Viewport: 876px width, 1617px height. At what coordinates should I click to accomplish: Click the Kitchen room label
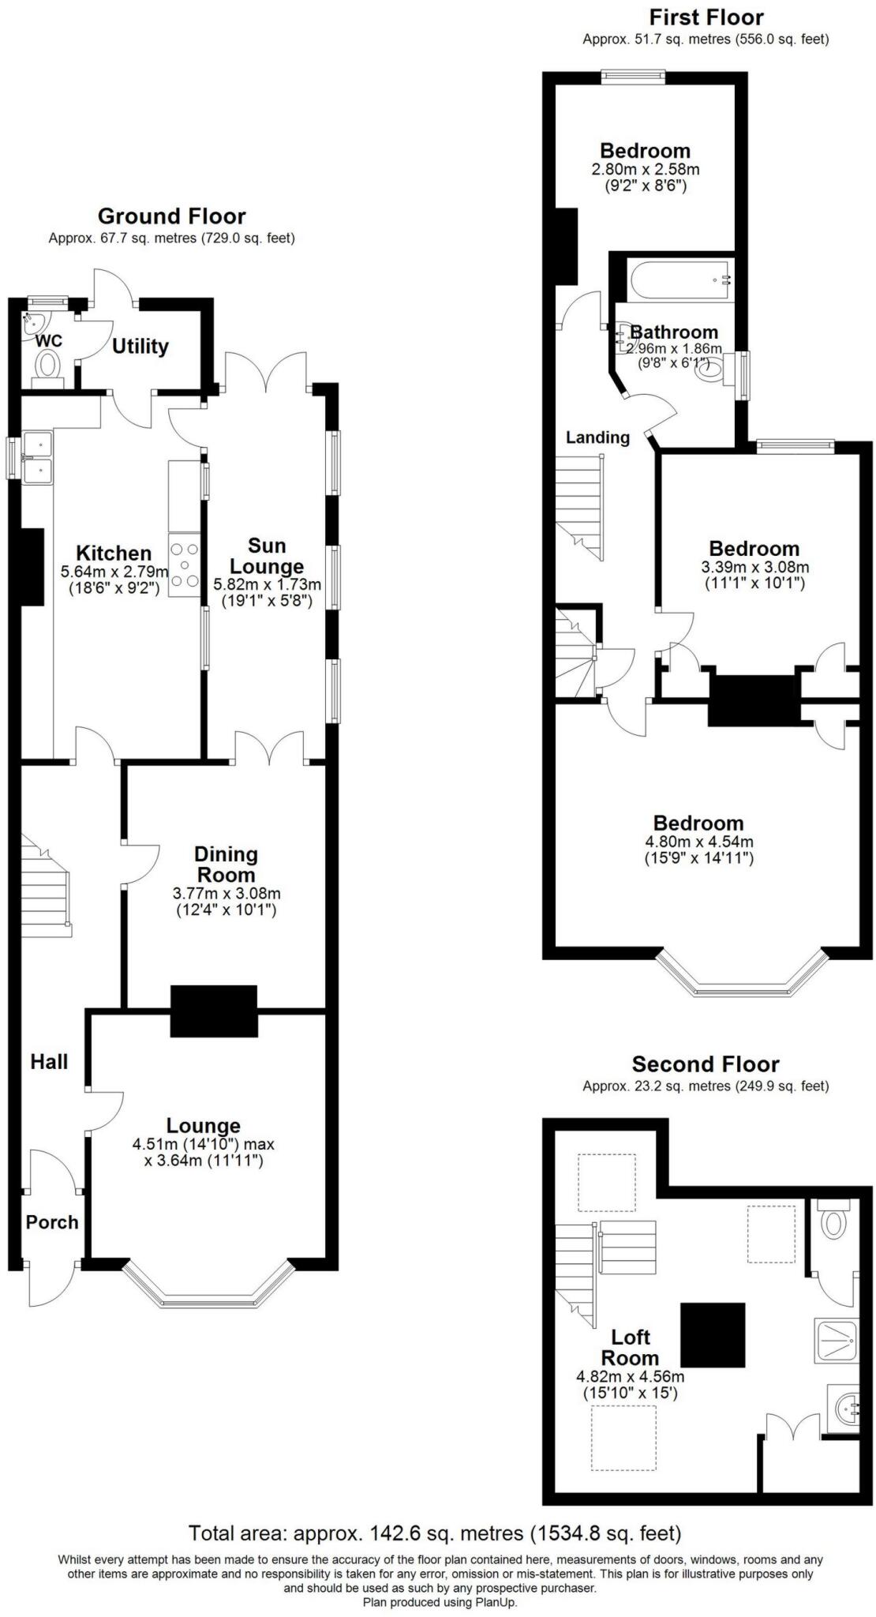click(x=114, y=553)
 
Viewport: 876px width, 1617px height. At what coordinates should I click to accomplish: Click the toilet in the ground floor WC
click(x=48, y=369)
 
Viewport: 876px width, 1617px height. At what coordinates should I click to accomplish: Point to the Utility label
click(x=140, y=346)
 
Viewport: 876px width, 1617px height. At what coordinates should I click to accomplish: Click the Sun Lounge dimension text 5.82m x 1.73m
click(x=267, y=585)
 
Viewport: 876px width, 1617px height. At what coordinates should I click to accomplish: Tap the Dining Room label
click(x=226, y=864)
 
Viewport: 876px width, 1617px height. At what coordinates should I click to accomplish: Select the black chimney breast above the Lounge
click(x=214, y=1011)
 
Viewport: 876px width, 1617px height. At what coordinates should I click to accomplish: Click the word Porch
click(x=52, y=1222)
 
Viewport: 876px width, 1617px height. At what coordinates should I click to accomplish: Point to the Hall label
click(x=49, y=1061)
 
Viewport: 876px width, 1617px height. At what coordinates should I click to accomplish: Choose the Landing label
click(x=597, y=437)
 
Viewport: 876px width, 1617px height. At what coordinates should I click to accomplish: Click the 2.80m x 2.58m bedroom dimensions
click(x=645, y=169)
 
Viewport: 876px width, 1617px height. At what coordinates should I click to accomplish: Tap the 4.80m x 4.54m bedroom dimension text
click(x=698, y=842)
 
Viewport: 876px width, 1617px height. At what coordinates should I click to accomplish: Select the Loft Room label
click(x=630, y=1347)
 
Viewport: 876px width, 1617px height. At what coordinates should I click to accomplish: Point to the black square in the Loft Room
click(x=713, y=1335)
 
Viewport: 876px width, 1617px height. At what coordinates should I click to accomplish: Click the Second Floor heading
click(x=705, y=1064)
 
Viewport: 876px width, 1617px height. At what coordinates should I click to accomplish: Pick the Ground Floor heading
click(x=171, y=216)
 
